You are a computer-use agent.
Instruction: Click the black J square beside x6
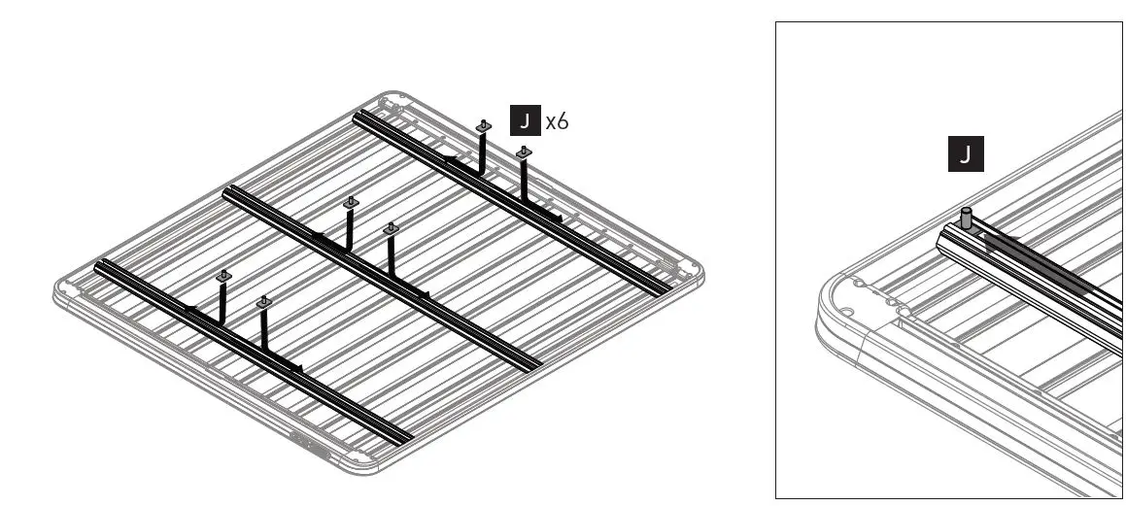pos(526,120)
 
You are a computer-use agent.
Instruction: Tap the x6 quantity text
pos(557,121)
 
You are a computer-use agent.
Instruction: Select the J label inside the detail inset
pos(966,154)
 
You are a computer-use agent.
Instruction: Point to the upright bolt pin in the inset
pos(967,216)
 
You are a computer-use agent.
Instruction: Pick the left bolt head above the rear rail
pos(483,126)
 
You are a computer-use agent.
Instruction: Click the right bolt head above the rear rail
pos(523,152)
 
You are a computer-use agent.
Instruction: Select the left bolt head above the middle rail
pos(351,202)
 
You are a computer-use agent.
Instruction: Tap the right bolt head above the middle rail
pos(391,229)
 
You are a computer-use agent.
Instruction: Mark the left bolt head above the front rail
pos(223,277)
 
